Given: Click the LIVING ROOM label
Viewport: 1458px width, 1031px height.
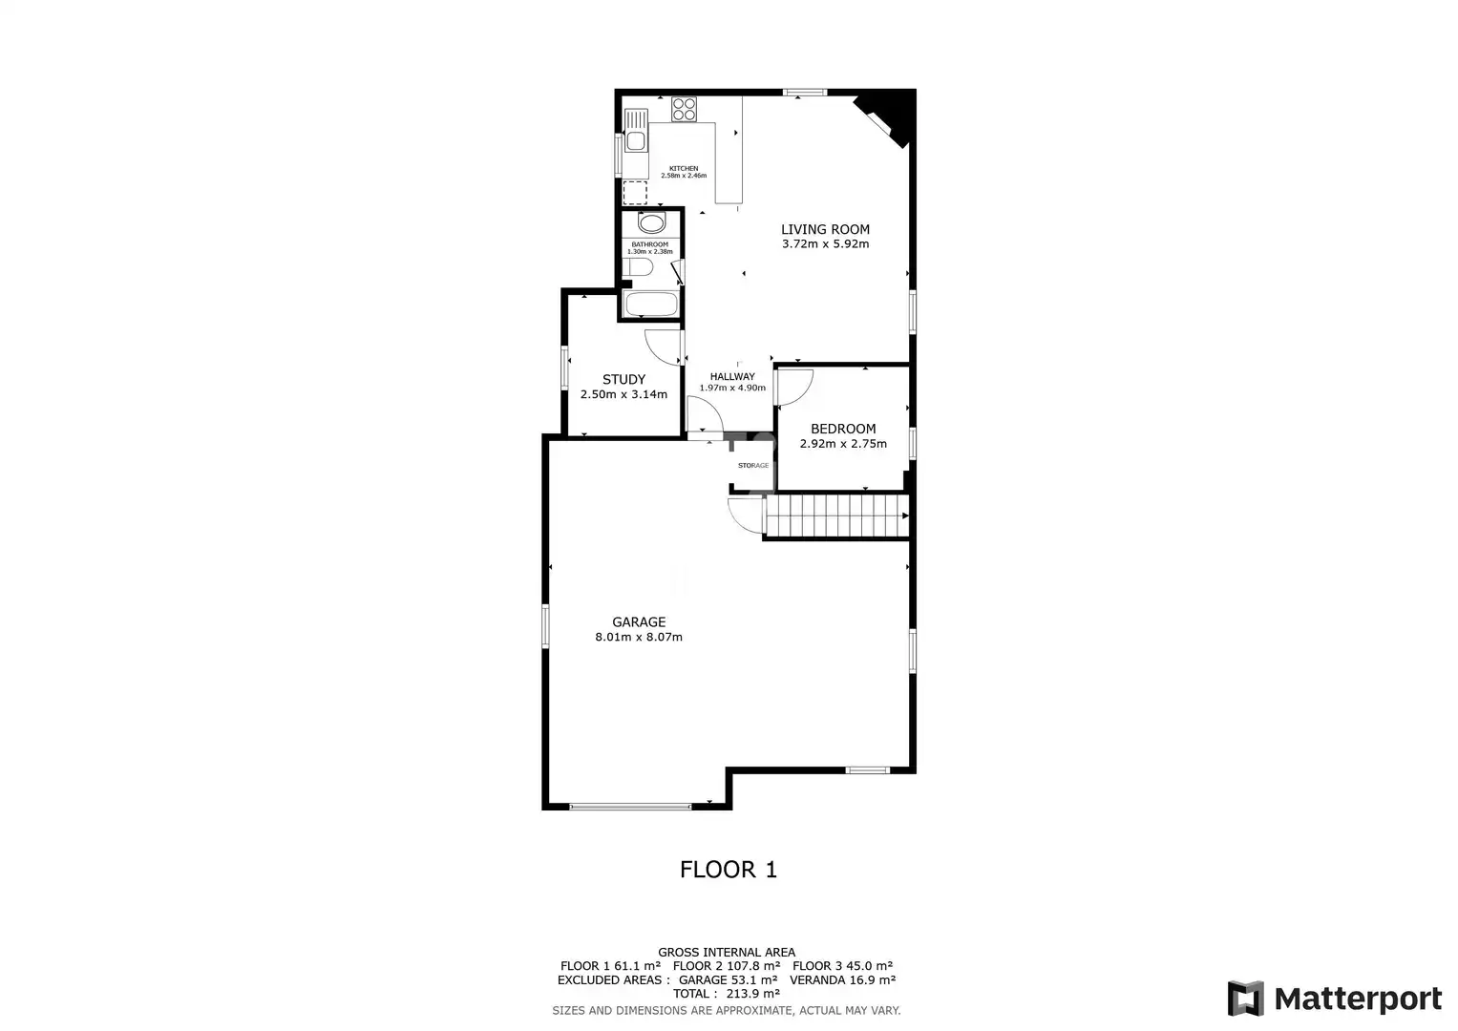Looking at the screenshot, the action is (x=825, y=229).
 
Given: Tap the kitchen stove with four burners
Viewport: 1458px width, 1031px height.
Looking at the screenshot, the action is (x=684, y=109).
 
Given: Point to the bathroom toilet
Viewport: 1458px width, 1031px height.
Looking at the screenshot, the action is (x=637, y=267).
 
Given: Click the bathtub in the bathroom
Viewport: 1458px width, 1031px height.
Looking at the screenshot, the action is (x=650, y=304).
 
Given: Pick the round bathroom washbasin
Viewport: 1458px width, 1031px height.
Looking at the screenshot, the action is (x=651, y=223).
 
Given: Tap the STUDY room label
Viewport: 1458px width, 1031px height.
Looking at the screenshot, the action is (x=623, y=380).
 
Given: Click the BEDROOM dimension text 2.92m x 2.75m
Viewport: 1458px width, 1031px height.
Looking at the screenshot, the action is (x=843, y=444).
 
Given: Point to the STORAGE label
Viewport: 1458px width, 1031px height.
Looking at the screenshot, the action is (x=753, y=466).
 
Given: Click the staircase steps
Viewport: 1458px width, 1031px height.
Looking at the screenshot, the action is (x=837, y=516).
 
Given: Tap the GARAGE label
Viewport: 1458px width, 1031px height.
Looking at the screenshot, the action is (x=639, y=621).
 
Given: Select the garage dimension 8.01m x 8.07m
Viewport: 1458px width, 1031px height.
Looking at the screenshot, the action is (x=639, y=638).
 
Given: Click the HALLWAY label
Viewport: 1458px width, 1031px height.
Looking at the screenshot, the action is (x=732, y=376).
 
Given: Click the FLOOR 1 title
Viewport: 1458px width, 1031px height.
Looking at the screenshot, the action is (x=729, y=870).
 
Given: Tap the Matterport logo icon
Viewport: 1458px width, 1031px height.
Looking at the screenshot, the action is (x=1246, y=999).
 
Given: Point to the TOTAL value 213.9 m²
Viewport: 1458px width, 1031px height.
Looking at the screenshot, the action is (x=753, y=994).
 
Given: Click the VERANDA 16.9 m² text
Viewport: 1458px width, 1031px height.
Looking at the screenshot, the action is (x=843, y=979).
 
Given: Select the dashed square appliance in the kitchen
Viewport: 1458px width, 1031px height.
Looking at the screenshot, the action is (x=635, y=193).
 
